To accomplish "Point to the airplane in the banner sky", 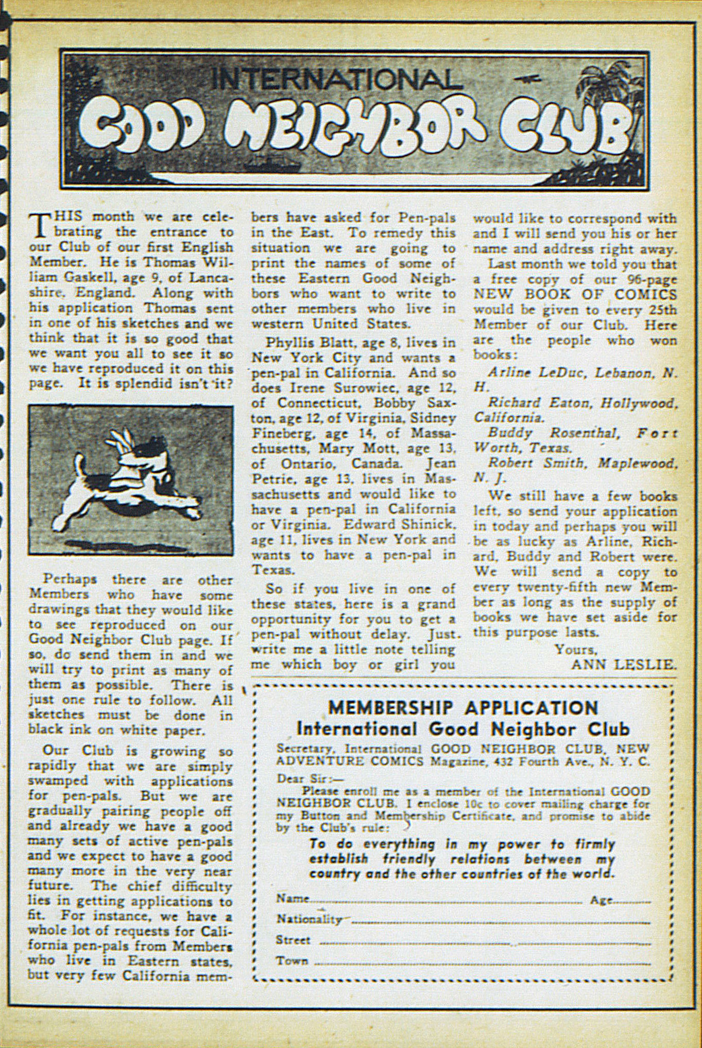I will (525, 79).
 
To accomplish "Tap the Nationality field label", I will (309, 919).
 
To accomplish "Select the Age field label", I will (601, 900).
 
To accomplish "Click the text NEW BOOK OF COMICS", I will (574, 294).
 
